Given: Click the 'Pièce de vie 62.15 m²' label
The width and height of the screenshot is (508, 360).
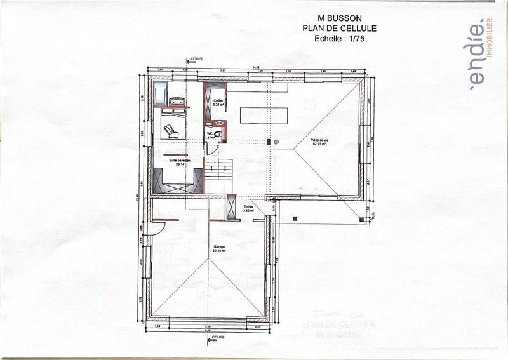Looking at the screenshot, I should (x=319, y=142).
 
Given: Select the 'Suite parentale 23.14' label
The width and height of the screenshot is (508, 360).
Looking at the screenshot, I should (x=180, y=163).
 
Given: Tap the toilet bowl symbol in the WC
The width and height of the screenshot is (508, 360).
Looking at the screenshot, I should (x=217, y=134).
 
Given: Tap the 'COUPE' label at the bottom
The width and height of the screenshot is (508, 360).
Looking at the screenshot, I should (x=217, y=337).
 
